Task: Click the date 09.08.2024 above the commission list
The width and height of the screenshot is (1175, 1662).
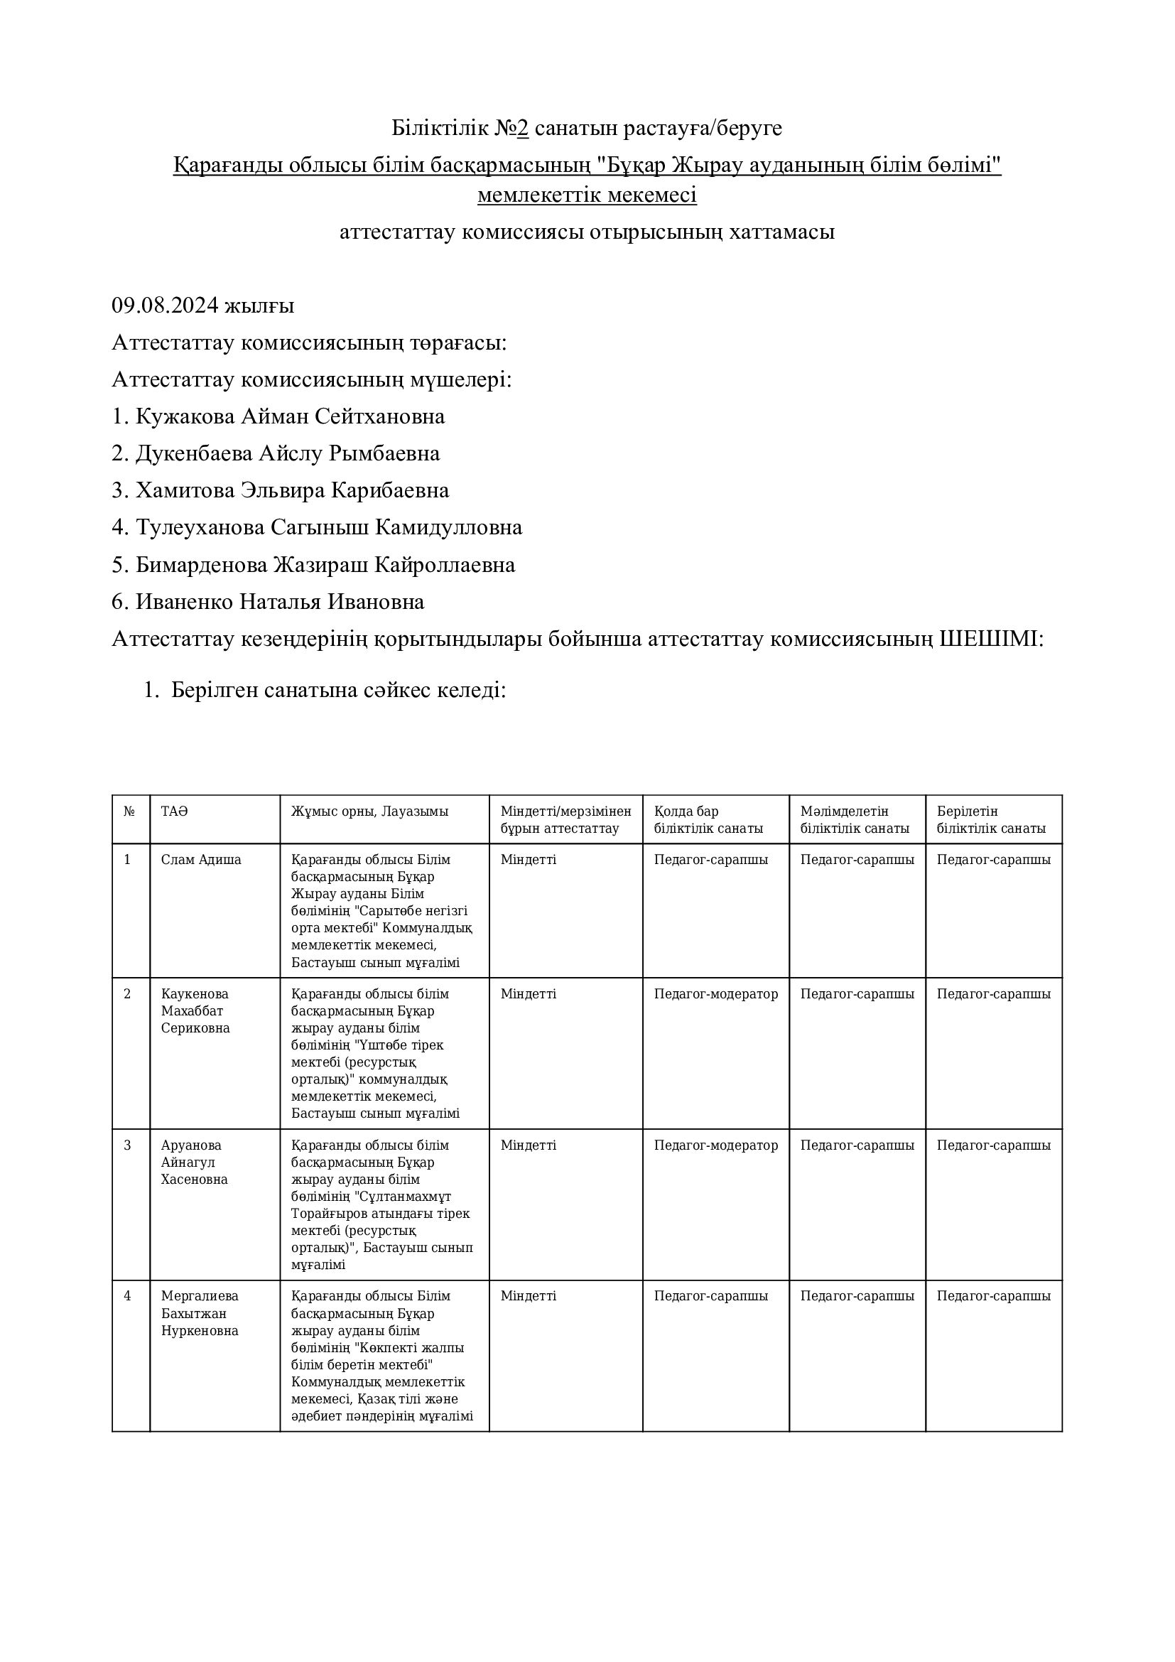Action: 165,306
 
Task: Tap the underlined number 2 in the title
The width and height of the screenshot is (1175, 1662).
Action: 522,128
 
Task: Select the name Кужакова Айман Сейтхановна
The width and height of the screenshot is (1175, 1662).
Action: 290,417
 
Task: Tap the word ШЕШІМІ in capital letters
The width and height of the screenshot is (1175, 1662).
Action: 990,640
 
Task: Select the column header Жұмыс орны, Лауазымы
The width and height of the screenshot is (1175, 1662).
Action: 369,811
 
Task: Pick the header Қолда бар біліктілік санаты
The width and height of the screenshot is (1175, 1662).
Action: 708,820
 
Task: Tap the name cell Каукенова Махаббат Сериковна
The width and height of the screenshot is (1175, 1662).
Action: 195,1011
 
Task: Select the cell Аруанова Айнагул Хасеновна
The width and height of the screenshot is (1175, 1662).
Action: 194,1162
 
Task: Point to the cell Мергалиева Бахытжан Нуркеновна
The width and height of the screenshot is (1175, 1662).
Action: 200,1314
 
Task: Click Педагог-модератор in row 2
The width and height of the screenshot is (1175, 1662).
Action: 715,994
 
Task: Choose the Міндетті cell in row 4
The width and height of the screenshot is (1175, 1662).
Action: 528,1297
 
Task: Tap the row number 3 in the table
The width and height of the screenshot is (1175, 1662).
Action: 127,1145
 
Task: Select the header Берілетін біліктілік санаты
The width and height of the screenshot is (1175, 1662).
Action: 990,820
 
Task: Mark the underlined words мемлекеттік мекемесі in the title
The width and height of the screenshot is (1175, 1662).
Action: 587,195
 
